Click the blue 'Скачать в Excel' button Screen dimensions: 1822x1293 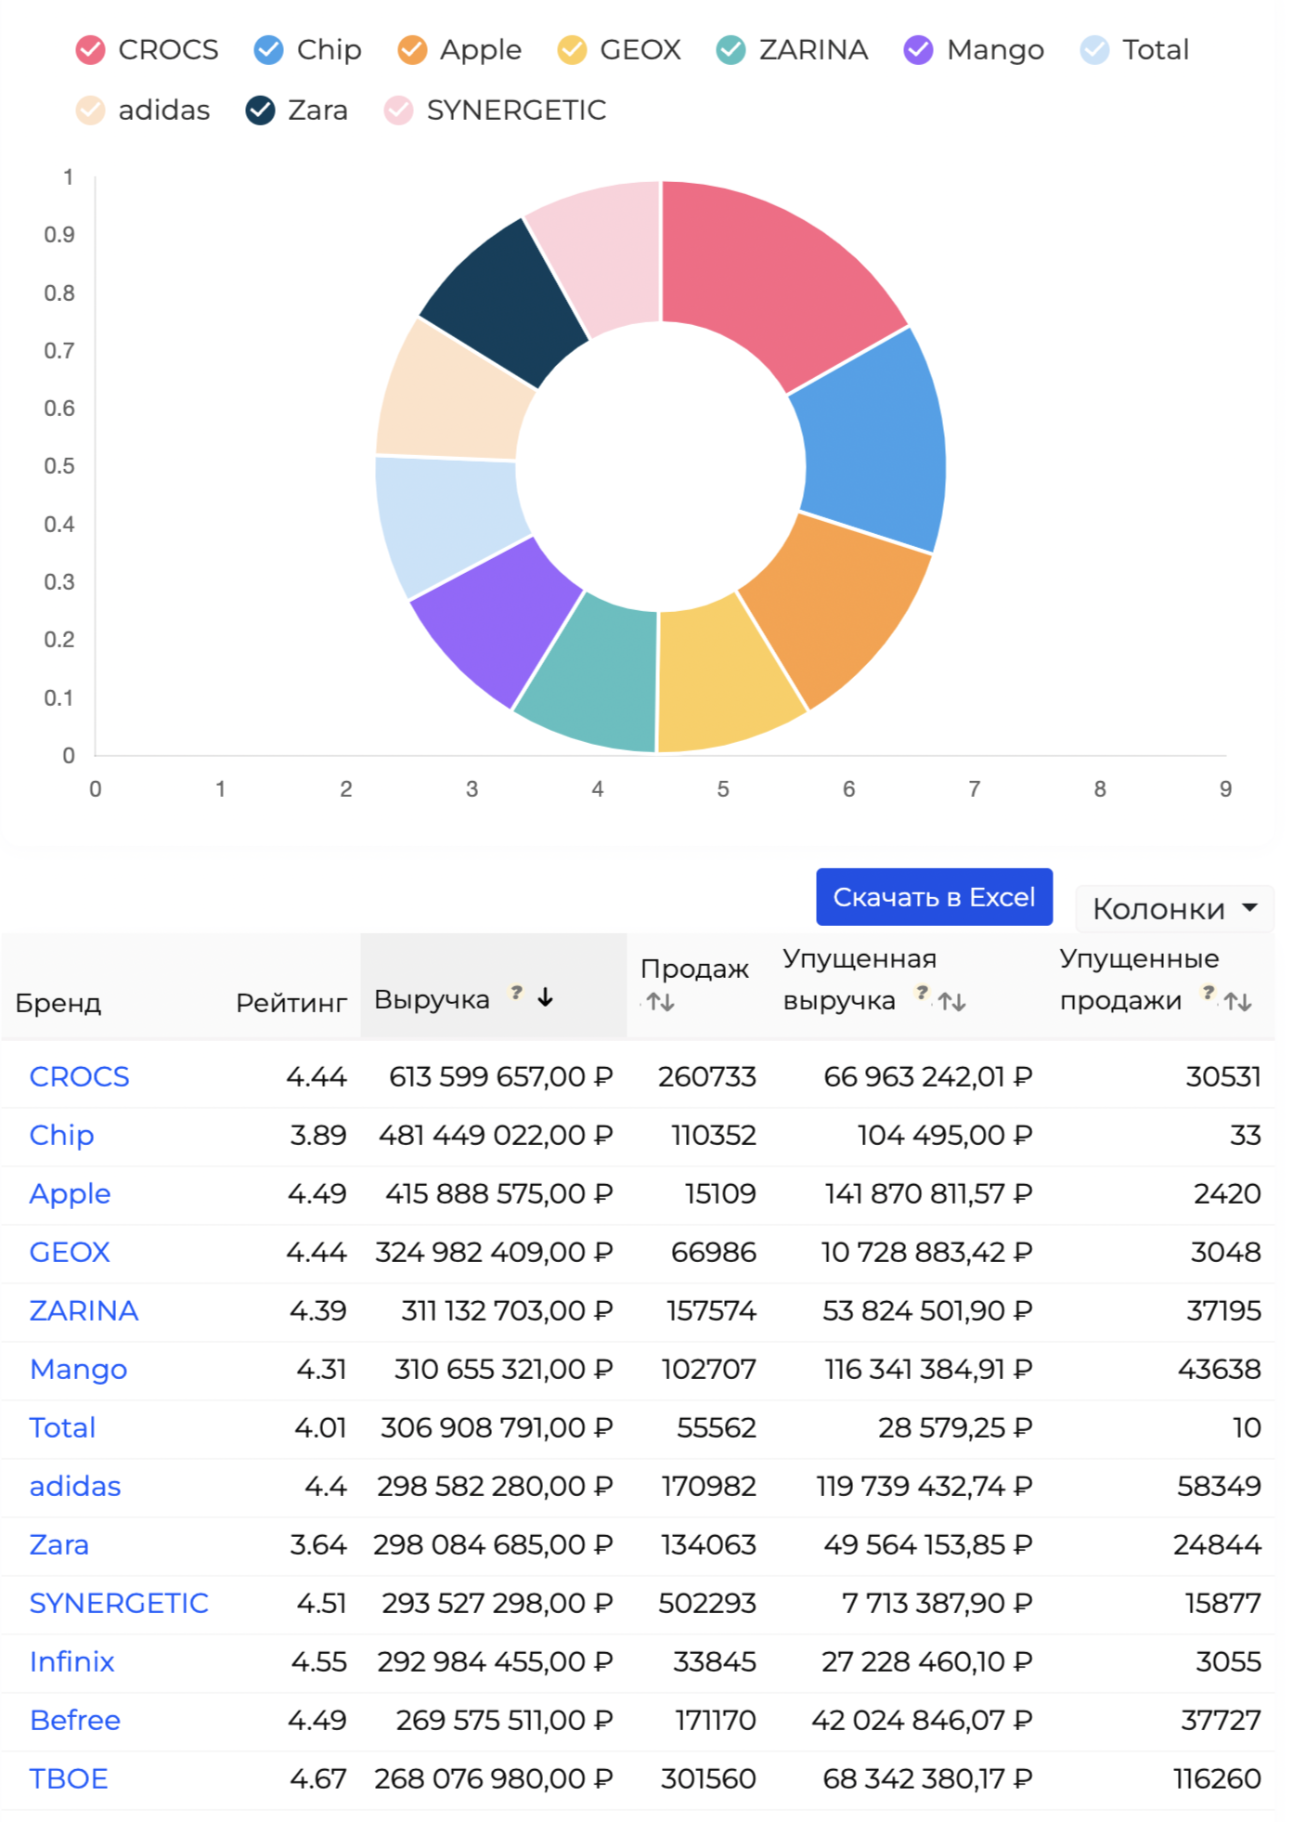(934, 897)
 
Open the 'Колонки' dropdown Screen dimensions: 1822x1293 (1174, 908)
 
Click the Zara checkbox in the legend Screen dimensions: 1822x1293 (261, 111)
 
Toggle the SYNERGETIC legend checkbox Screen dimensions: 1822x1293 (399, 111)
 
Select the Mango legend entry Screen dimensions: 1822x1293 (918, 50)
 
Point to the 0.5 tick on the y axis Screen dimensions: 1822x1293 (59, 466)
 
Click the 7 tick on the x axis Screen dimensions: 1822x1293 (974, 789)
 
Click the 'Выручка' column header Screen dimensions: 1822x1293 (432, 999)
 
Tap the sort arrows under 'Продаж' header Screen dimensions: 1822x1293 (661, 1002)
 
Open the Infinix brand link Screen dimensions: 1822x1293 (71, 1661)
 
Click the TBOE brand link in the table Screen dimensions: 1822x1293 (69, 1778)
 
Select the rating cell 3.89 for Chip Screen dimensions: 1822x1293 (317, 1135)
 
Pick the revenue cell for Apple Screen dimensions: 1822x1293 (498, 1193)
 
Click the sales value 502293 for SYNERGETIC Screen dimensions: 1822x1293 (706, 1603)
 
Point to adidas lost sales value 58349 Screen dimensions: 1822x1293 (1218, 1486)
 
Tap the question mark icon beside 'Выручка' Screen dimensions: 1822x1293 (517, 992)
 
